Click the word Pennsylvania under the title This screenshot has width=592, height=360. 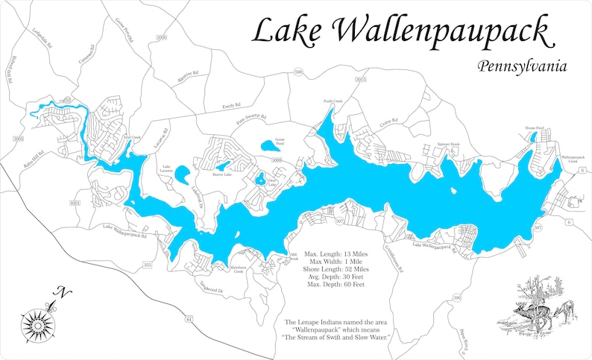click(523, 66)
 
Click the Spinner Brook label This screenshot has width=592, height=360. click(448, 144)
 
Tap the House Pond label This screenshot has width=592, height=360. click(535, 127)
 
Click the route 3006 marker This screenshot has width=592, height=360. click(163, 37)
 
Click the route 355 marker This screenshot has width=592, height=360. click(148, 265)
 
